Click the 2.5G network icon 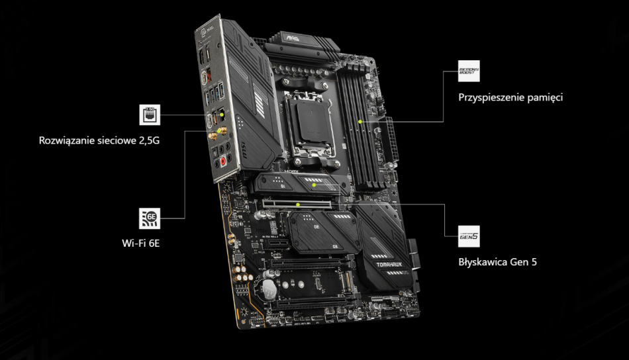(150, 114)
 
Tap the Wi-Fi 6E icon (150, 216)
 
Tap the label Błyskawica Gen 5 (497, 261)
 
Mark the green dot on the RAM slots (360, 122)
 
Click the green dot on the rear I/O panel (222, 114)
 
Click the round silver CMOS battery (267, 286)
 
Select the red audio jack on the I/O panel (224, 159)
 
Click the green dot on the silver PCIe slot (299, 204)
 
